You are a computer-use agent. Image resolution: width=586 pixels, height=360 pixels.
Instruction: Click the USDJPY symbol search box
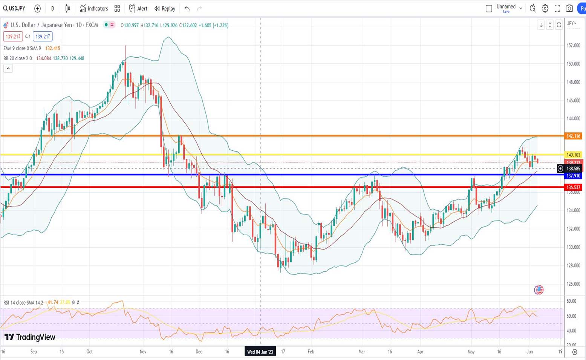[x=14, y=8]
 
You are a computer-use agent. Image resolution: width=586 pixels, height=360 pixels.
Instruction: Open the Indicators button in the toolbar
[x=94, y=8]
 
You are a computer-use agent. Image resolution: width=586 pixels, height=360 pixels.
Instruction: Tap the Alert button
[x=138, y=8]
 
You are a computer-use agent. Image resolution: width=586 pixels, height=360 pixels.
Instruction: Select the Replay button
[x=165, y=8]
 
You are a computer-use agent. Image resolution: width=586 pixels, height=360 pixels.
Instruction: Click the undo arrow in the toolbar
[x=187, y=8]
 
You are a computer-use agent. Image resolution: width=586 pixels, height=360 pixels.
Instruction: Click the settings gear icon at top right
[x=545, y=8]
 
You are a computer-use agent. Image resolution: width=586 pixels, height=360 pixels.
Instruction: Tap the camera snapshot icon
[x=569, y=8]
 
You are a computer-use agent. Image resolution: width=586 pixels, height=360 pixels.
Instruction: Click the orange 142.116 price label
[x=573, y=136]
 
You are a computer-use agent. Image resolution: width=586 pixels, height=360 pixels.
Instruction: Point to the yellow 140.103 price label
[x=573, y=155]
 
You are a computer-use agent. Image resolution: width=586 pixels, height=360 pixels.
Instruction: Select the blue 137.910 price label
[x=573, y=176]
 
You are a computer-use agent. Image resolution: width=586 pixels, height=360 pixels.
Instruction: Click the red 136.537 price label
[x=573, y=187]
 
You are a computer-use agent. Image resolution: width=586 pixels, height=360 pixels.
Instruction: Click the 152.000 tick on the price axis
[x=573, y=46]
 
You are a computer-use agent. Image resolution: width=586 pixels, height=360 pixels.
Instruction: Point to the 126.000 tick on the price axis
[x=573, y=284]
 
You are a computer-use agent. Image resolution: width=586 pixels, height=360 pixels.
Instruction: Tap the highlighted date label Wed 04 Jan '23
[x=260, y=352]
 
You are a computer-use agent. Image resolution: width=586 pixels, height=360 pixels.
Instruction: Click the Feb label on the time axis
[x=311, y=352]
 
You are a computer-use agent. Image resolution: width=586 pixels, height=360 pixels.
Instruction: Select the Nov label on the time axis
[x=143, y=352]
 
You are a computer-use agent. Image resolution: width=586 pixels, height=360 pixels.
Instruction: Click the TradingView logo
[x=30, y=337]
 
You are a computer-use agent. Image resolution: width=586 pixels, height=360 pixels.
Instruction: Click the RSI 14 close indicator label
[x=23, y=302]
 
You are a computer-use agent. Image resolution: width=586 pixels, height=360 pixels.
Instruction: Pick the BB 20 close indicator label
[x=17, y=58]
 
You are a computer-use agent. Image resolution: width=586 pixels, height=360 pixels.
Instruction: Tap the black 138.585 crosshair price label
[x=573, y=169]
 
